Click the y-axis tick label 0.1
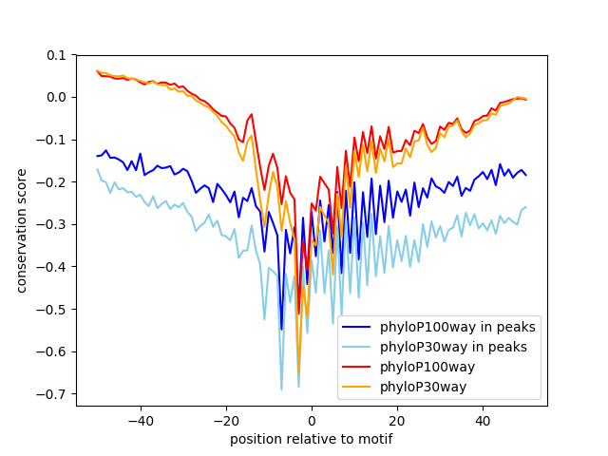click(57, 55)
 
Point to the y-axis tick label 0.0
click(57, 97)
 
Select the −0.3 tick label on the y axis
click(51, 224)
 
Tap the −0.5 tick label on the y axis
click(51, 310)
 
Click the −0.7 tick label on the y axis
click(51, 394)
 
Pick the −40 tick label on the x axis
click(141, 421)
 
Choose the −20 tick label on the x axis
click(226, 421)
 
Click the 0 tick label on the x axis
click(312, 421)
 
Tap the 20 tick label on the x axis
click(397, 421)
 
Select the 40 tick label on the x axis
click(484, 421)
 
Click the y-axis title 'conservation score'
click(21, 231)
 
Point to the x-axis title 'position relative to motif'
click(312, 439)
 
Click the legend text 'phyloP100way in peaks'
click(458, 327)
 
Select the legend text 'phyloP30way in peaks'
click(453, 347)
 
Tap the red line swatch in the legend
click(356, 367)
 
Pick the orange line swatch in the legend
click(356, 387)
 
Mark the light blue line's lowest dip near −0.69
click(281, 389)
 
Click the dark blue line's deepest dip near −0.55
click(281, 330)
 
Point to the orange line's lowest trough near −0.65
click(298, 372)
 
